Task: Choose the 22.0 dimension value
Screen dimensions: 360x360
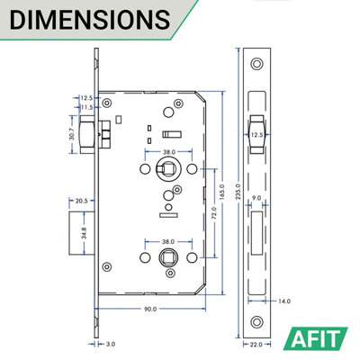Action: click(x=258, y=342)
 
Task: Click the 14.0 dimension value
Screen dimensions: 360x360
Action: click(x=283, y=301)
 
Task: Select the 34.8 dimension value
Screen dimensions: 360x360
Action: click(x=58, y=232)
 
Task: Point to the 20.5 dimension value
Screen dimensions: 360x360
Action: click(x=81, y=200)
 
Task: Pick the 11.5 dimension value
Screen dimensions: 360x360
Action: click(x=85, y=108)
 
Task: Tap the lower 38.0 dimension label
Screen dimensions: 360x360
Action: click(x=167, y=242)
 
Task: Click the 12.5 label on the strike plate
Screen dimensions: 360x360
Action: click(x=256, y=135)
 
